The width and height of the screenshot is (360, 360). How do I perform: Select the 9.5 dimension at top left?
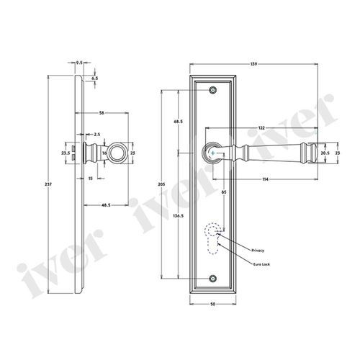click(x=79, y=63)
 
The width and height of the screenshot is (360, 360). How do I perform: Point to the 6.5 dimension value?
click(x=95, y=78)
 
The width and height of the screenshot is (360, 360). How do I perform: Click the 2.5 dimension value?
click(x=97, y=134)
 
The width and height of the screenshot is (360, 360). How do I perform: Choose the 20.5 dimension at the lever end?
click(x=325, y=153)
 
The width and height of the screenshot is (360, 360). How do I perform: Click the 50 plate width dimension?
click(x=214, y=304)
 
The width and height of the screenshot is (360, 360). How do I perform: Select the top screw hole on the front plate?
click(x=214, y=91)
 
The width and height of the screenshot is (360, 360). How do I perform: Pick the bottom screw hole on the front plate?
click(x=214, y=277)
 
